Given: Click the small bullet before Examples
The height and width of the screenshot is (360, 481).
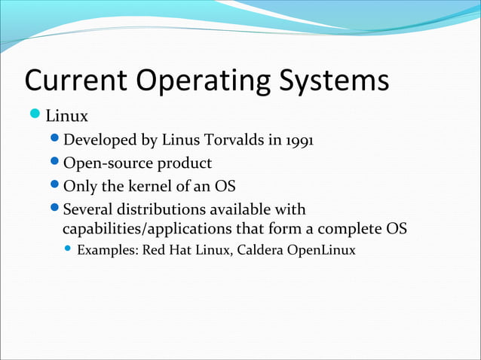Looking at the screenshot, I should click(69, 249).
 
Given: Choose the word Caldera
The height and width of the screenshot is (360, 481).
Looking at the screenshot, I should click(260, 249).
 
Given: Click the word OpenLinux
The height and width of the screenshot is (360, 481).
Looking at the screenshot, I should click(320, 249).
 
